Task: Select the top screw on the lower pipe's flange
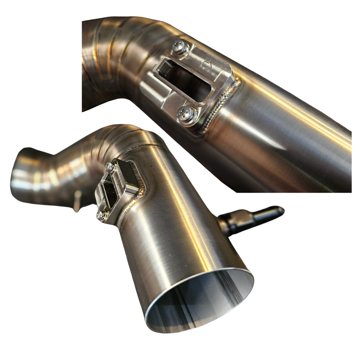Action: pyautogui.click(x=109, y=166)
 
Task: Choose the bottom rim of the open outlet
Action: pyautogui.click(x=200, y=328)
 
